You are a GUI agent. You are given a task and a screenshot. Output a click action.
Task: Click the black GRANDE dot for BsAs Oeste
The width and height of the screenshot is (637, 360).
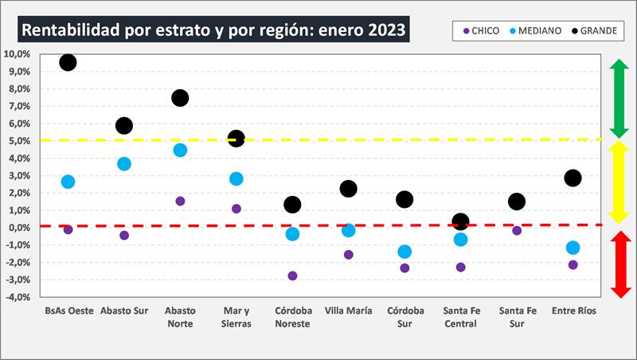68,62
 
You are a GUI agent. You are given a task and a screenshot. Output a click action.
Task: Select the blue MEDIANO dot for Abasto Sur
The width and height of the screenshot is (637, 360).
124,164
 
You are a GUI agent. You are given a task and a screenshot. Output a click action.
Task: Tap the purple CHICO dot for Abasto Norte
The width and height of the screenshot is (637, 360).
180,202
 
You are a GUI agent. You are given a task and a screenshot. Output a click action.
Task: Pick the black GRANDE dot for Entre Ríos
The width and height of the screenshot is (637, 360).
573,178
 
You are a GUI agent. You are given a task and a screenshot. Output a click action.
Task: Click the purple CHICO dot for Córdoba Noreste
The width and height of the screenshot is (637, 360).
292,276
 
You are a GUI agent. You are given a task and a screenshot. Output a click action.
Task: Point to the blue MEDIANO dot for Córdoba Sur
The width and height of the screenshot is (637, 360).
404,252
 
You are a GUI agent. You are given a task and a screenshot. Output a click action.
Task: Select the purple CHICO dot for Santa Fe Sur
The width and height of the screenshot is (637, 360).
517,231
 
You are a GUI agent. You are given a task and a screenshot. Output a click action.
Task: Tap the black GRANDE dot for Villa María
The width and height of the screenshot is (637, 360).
348,189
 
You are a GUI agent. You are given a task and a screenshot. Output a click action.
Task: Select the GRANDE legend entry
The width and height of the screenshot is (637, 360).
596,31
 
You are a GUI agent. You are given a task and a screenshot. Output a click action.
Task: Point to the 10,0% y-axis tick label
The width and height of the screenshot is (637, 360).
18,54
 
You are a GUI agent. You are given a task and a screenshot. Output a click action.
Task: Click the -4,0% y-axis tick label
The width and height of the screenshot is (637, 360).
18,297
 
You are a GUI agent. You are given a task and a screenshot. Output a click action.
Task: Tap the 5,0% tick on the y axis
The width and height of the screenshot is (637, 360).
19,141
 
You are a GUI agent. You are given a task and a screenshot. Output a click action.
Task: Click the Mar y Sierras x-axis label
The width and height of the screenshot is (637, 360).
236,317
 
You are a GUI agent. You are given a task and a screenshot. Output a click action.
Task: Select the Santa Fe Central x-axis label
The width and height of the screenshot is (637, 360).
460,317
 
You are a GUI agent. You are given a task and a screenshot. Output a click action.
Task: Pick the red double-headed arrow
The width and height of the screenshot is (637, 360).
619,264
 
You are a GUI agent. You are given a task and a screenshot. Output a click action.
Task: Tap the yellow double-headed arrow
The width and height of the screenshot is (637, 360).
619,182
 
